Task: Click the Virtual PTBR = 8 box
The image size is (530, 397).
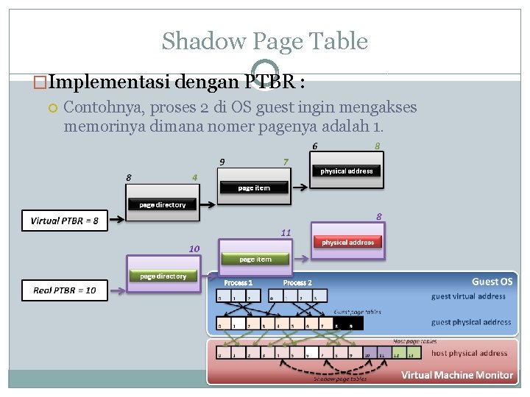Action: click(64, 221)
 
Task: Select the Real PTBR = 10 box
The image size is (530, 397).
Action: click(64, 290)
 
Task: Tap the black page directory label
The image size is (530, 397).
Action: click(163, 204)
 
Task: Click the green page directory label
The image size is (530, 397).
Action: click(163, 276)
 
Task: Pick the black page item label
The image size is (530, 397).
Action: click(254, 188)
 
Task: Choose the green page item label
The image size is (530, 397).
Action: click(255, 260)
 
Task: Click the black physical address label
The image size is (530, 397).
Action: click(346, 171)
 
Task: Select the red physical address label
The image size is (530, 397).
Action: click(347, 242)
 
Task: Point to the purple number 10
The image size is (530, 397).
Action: click(194, 248)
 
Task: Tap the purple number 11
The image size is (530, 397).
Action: click(286, 232)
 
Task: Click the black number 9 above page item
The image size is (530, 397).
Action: click(222, 162)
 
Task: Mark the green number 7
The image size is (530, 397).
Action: click(286, 161)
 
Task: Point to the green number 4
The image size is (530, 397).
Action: click(194, 177)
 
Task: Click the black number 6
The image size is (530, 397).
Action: click(315, 146)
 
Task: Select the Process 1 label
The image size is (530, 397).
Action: click(238, 283)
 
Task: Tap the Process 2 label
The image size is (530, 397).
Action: click(297, 283)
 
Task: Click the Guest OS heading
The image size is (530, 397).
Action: click(492, 282)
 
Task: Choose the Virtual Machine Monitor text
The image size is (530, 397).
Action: click(456, 375)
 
